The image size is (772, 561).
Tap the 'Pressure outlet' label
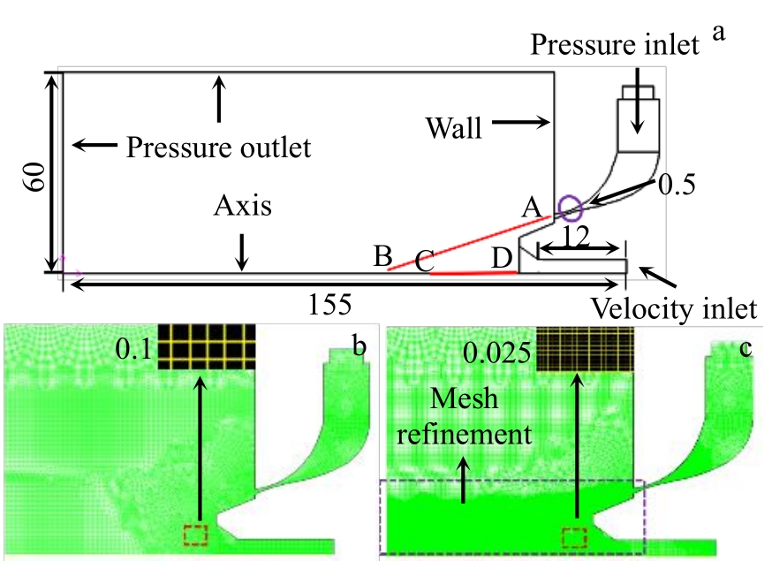[218, 146]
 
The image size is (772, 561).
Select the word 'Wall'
[454, 129]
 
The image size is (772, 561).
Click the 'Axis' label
[242, 207]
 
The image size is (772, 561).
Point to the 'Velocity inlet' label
[674, 309]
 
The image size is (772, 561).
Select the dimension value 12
[577, 237]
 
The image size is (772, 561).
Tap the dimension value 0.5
[677, 185]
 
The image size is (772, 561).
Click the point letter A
[532, 208]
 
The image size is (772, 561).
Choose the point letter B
[382, 257]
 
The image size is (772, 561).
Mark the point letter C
[424, 262]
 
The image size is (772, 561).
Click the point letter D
[501, 260]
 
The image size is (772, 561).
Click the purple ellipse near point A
[567, 208]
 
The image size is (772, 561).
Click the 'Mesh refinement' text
[464, 416]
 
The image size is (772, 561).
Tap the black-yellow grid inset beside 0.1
[206, 346]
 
